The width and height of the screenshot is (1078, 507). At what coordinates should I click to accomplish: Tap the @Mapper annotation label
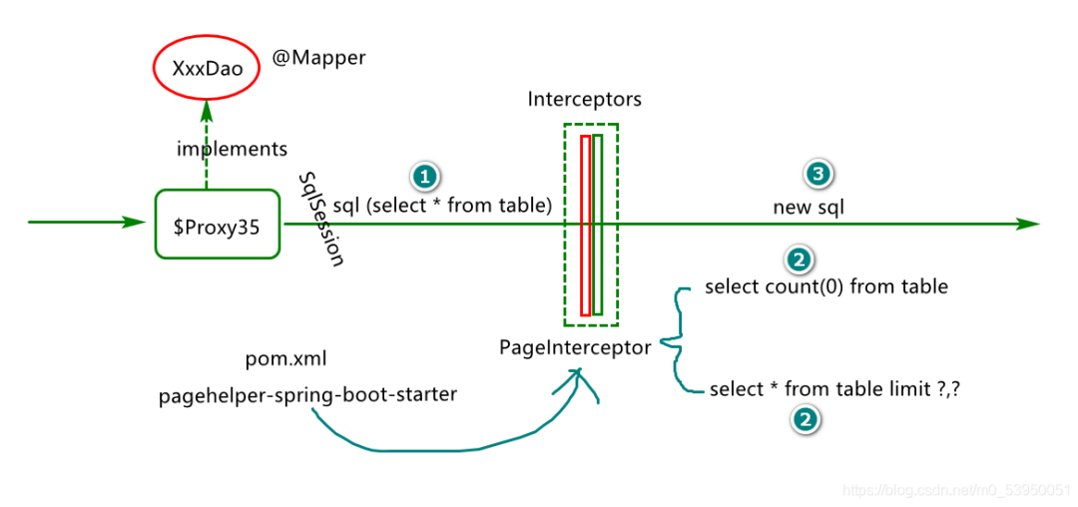click(x=319, y=58)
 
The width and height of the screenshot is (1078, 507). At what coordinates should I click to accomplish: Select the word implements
click(x=232, y=149)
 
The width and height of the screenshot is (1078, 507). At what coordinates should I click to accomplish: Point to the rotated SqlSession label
click(x=321, y=218)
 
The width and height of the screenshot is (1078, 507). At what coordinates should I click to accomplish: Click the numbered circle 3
click(x=817, y=175)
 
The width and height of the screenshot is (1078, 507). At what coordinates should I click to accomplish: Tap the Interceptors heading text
click(x=584, y=100)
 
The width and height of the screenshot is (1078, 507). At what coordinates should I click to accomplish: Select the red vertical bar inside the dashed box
click(x=586, y=225)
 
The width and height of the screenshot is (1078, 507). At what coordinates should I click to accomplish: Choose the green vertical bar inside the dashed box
click(x=598, y=225)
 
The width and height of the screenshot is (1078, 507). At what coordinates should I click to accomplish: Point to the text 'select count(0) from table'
click(x=825, y=287)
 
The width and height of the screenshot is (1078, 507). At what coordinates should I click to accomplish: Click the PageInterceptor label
click(x=575, y=348)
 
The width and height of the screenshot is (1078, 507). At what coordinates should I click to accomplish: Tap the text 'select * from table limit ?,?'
click(x=835, y=389)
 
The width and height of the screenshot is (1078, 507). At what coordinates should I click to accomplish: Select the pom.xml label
click(x=285, y=358)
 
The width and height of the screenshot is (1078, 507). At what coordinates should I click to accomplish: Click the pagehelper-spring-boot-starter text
click(x=307, y=395)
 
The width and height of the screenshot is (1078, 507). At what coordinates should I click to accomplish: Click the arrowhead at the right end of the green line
click(x=1028, y=225)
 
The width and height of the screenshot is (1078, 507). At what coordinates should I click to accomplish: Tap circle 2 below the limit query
click(x=805, y=420)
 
